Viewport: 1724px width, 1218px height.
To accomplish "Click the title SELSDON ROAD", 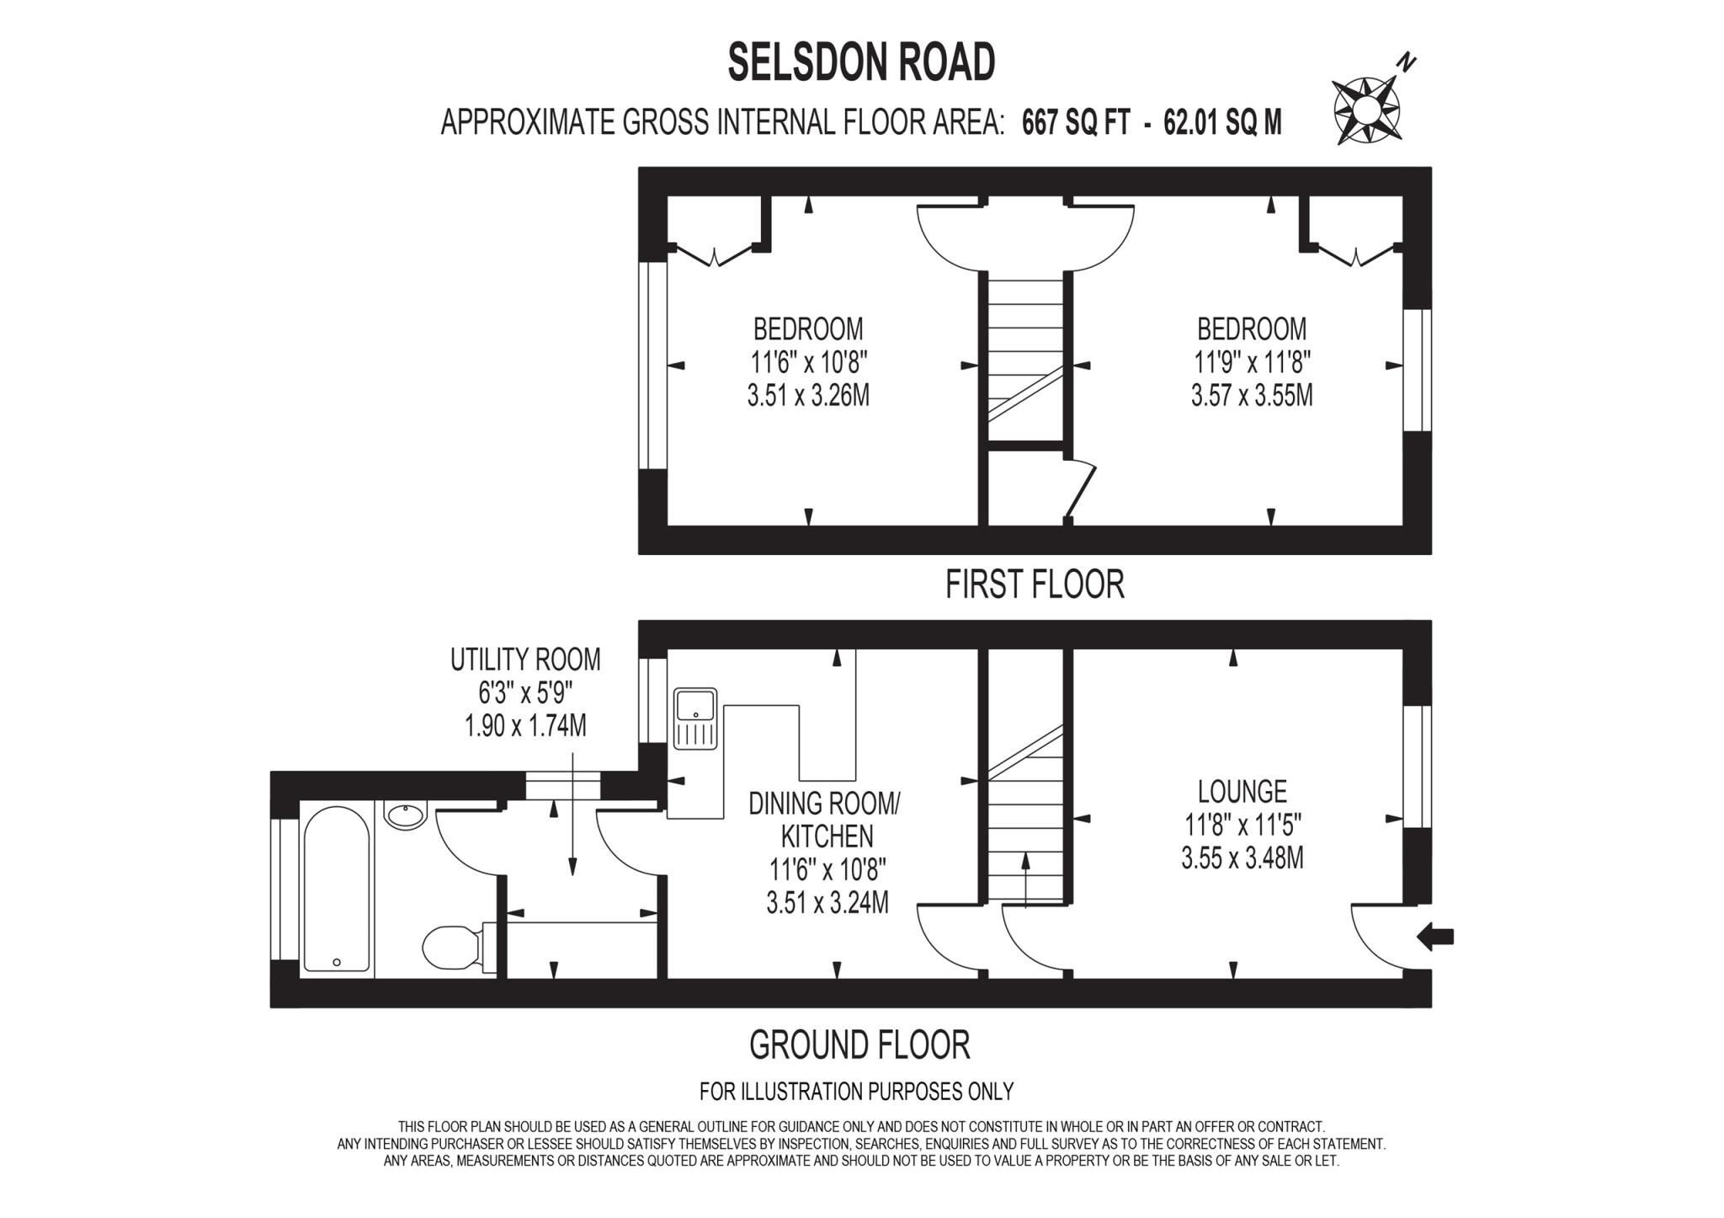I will click(x=861, y=62).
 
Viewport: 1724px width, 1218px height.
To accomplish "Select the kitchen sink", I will click(x=694, y=719).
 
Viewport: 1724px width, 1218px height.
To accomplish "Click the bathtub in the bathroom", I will click(x=336, y=887).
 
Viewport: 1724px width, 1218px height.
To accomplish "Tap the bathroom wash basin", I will click(x=407, y=815).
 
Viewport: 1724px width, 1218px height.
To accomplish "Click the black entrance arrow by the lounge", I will click(x=1436, y=936).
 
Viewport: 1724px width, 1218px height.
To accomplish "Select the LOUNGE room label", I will click(x=1242, y=791).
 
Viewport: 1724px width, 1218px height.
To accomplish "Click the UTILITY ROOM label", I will click(x=525, y=660).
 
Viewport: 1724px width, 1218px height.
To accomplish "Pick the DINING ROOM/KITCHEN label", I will click(x=825, y=820).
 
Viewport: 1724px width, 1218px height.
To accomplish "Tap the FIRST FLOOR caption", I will click(x=1035, y=585).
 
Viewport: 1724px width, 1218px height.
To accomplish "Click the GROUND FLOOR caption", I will click(x=859, y=1045).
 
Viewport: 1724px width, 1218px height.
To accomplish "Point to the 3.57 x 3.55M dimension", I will click(x=1252, y=395).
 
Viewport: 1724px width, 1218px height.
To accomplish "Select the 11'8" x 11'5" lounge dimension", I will click(x=1242, y=825).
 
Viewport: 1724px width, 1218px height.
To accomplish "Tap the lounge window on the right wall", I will click(x=1418, y=767).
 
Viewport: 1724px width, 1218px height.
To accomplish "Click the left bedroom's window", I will click(x=652, y=366).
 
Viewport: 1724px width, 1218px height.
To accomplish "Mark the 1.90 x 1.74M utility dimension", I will click(x=525, y=725).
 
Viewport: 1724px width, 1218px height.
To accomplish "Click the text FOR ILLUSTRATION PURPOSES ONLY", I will click(x=856, y=1092).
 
